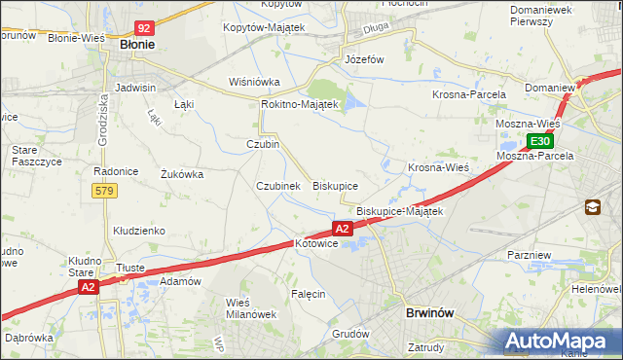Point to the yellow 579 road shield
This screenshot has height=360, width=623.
[x=105, y=191]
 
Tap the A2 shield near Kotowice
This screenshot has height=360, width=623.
[x=342, y=228]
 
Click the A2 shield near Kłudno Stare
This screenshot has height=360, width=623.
[x=88, y=287]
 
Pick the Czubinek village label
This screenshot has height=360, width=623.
[x=277, y=185]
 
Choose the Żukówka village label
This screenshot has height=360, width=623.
[x=181, y=175]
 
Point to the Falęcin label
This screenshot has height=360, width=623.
[x=308, y=293]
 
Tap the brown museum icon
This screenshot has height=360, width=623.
[x=592, y=206]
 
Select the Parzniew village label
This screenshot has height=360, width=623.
[x=531, y=254]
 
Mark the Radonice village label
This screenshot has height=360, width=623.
[x=113, y=170]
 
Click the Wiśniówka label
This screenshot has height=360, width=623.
[x=254, y=82]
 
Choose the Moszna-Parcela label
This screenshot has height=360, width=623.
[x=534, y=155]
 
